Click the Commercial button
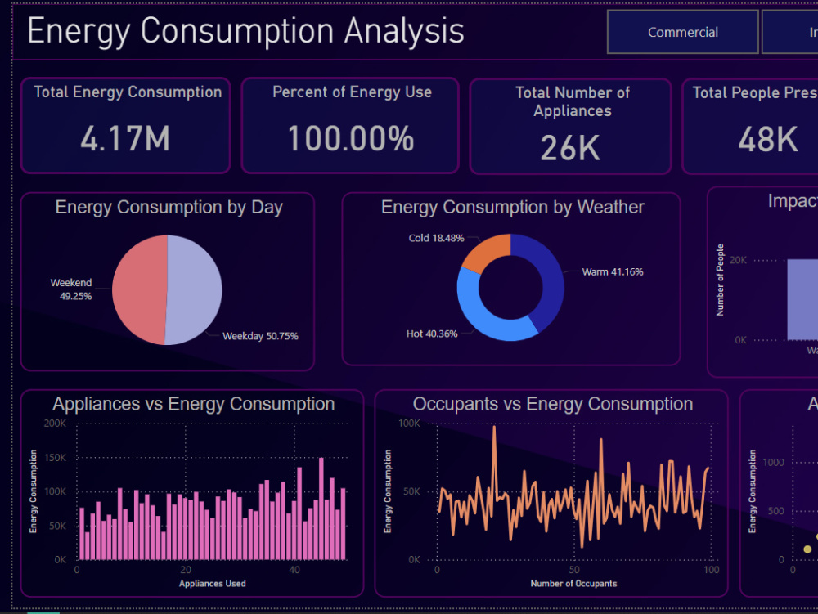(682, 33)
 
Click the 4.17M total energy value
(125, 139)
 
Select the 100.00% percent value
(350, 139)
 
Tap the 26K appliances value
(570, 148)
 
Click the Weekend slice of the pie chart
(137, 290)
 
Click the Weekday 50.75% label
(260, 336)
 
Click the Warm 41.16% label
(612, 271)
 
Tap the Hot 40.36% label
(432, 334)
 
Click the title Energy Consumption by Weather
(512, 208)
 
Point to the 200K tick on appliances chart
(55, 424)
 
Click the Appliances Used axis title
(212, 583)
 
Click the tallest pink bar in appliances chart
(321, 509)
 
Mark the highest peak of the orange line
(494, 428)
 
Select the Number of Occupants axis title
(573, 583)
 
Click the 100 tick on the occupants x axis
(711, 570)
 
